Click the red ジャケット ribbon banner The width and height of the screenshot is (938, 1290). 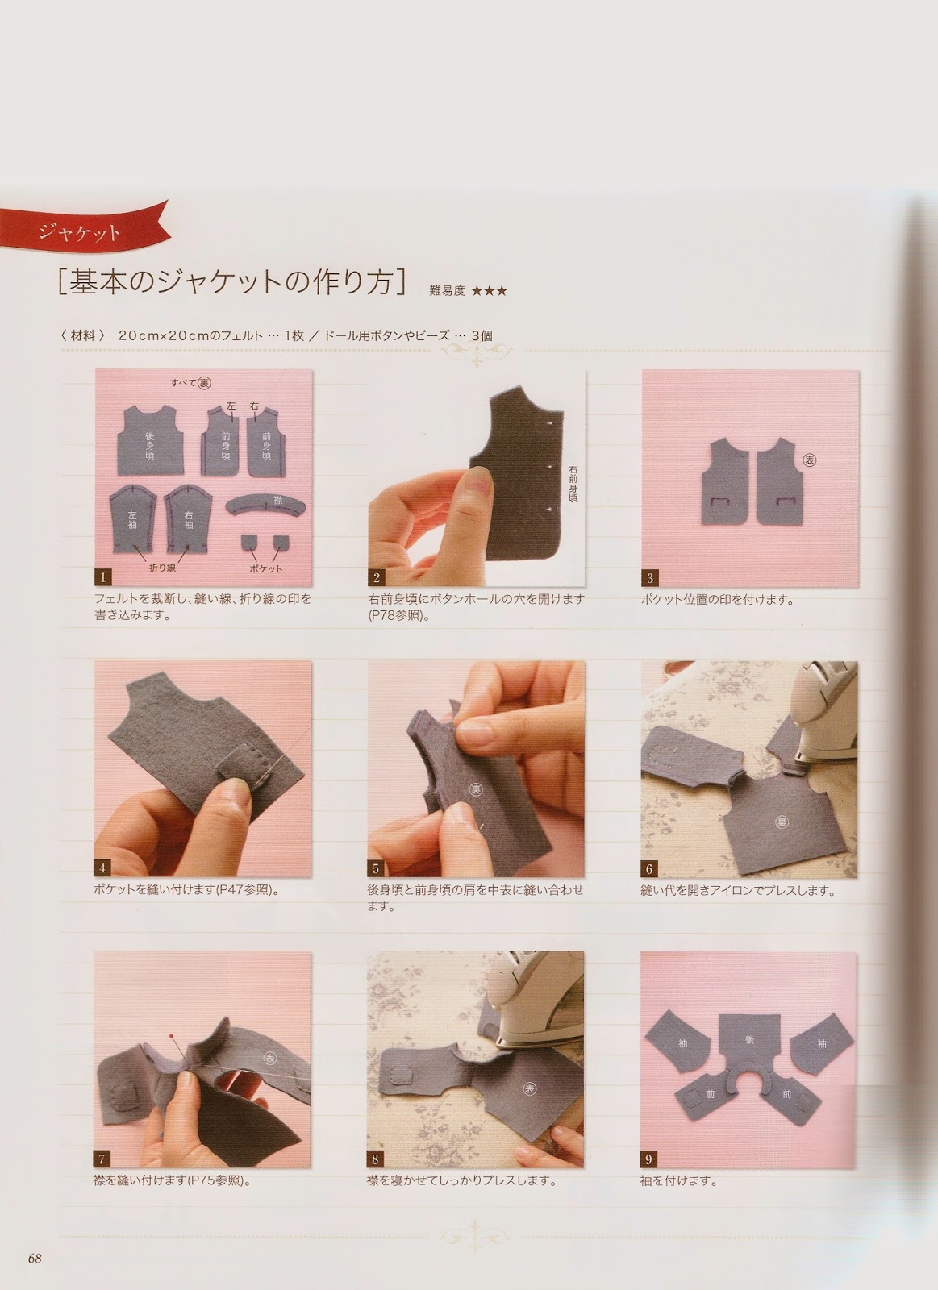pyautogui.click(x=81, y=231)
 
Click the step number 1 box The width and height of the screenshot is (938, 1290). pyautogui.click(x=103, y=576)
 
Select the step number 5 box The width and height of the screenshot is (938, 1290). pyautogui.click(x=376, y=868)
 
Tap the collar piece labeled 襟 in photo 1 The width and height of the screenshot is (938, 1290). pyautogui.click(x=265, y=505)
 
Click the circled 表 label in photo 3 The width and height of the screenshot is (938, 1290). pyautogui.click(x=810, y=460)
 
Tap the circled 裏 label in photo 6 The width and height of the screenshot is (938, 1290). pyautogui.click(x=782, y=822)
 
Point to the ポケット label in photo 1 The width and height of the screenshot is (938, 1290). pyautogui.click(x=266, y=568)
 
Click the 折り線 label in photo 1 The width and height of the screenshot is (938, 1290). pyautogui.click(x=162, y=568)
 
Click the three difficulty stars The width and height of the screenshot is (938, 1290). pyautogui.click(x=490, y=291)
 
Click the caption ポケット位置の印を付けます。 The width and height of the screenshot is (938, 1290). pyautogui.click(x=718, y=600)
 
